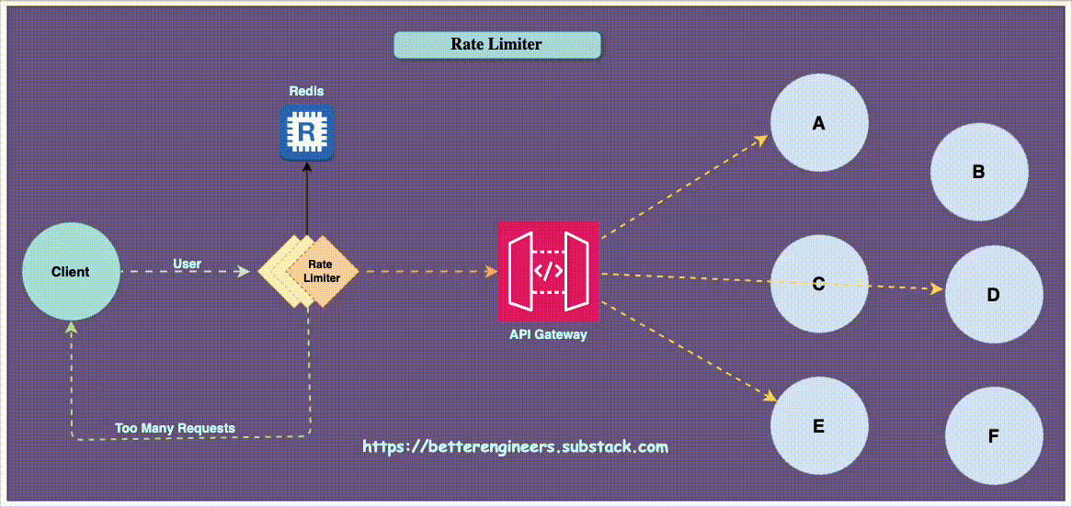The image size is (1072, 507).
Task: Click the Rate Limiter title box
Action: (496, 44)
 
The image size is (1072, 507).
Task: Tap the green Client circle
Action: (71, 271)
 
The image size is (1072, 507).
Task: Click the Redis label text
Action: (306, 92)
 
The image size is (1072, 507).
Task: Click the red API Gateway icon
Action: (548, 271)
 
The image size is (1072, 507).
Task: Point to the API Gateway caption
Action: (548, 335)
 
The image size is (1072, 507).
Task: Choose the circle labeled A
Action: (819, 122)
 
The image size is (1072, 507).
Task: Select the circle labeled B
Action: (979, 171)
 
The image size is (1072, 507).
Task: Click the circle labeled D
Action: (994, 295)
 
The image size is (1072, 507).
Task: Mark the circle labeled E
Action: (818, 425)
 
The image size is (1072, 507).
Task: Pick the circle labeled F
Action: (994, 435)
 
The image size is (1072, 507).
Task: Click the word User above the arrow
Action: (187, 265)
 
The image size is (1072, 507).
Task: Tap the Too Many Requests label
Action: (175, 428)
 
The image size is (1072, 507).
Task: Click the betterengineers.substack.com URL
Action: (515, 447)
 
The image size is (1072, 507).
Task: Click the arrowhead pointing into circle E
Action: (771, 397)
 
